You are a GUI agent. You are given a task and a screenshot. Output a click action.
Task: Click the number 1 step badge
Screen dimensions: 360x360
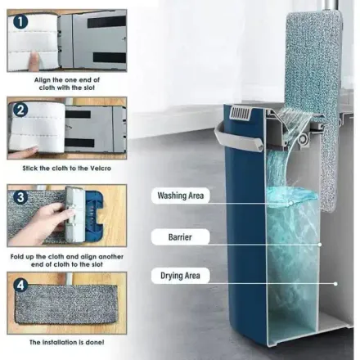coord(20,21)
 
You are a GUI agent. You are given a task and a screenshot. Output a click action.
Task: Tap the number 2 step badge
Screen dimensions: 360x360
coord(20,110)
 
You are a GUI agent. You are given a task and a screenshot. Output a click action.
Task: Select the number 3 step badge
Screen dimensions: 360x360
coord(20,197)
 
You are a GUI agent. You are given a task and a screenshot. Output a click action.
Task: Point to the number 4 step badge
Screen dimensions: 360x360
coord(20,285)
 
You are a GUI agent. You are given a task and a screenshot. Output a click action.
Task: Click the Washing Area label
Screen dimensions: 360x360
coord(181,196)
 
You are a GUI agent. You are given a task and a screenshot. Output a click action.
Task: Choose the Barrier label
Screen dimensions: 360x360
coord(180,236)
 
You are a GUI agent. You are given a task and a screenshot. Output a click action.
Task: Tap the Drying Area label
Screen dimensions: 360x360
coord(180,276)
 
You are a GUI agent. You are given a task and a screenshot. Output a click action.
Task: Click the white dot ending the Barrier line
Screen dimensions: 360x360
coord(320,245)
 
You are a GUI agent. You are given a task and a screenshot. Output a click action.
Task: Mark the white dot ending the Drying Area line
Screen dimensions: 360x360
coord(335,284)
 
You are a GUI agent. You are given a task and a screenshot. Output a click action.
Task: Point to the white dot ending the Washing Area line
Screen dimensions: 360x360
coord(290,203)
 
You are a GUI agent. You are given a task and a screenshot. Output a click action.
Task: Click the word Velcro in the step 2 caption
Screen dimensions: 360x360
coord(100,169)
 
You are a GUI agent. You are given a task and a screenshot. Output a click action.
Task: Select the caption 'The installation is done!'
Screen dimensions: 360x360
coord(67,342)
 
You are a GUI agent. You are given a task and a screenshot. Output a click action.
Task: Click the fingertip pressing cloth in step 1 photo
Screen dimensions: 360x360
coord(34,60)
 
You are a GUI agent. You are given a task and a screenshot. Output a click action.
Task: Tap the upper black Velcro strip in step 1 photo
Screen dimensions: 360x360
coord(106,22)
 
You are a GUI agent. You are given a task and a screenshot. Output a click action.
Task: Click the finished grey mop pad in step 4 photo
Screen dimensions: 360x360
coord(66,304)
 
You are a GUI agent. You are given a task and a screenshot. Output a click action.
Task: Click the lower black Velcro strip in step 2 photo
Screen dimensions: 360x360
coord(79,142)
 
